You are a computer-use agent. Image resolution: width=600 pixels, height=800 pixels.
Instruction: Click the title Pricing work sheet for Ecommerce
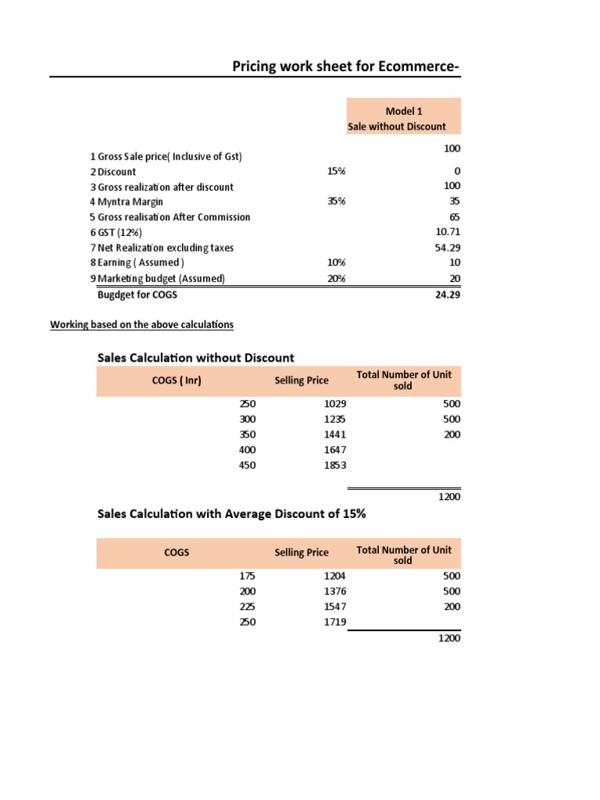point(346,66)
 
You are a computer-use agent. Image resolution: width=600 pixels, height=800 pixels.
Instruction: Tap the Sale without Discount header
point(397,126)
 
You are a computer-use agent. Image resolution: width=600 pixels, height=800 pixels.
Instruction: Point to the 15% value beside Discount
point(337,171)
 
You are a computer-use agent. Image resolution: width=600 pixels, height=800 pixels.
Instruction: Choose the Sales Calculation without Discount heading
point(195,358)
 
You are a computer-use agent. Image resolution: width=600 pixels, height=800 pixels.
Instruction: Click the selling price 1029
point(334,404)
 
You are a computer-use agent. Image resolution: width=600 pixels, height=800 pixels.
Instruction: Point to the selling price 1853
point(334,465)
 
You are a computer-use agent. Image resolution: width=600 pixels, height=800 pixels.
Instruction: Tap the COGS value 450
point(247,465)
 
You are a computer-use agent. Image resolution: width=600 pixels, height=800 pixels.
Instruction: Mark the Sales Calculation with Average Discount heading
point(231,514)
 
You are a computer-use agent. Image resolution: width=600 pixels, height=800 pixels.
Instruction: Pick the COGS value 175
point(247,576)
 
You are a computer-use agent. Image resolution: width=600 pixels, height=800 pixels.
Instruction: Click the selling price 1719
point(334,621)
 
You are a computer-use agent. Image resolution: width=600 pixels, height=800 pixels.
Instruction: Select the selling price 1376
point(334,591)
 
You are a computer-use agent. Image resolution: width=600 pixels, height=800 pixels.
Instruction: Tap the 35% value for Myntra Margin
point(337,202)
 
